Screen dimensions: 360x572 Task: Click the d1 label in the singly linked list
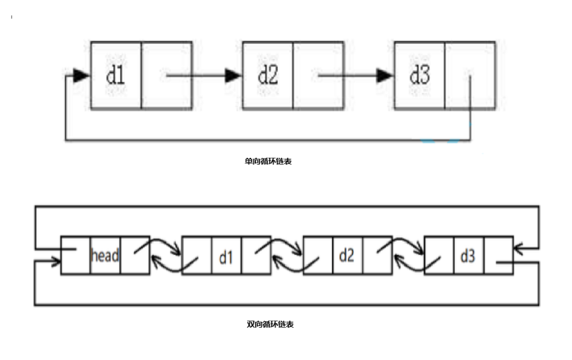[115, 75]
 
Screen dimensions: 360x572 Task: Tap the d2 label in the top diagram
[267, 75]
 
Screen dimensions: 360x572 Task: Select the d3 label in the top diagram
[419, 75]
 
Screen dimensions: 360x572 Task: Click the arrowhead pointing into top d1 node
[81, 75]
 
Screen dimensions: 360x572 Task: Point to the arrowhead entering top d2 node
[233, 75]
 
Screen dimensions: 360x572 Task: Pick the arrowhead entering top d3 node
[384, 75]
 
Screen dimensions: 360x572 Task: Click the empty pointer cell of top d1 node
[166, 75]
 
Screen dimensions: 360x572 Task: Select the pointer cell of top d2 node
[318, 75]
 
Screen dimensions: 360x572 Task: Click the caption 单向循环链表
[267, 161]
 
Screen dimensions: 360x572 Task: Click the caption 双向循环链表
[271, 325]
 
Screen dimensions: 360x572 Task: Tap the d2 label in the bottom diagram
[346, 256]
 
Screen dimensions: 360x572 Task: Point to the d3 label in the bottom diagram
[468, 256]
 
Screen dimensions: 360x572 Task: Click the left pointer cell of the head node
[75, 256]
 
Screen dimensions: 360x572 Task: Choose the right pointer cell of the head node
[135, 256]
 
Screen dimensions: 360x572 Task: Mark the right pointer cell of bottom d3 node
[498, 256]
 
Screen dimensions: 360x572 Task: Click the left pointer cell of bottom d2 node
[317, 256]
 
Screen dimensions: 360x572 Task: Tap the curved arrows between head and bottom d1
[166, 255]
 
